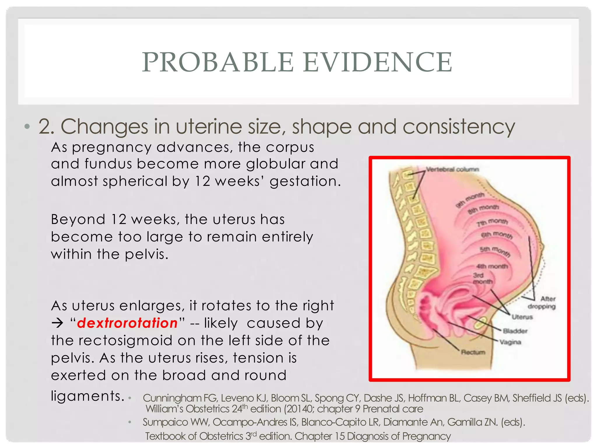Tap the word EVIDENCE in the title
[x=378, y=62]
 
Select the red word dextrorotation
[x=127, y=323]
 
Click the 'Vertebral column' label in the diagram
[x=452, y=169]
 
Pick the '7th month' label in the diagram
[x=492, y=223]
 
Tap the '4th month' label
[x=492, y=266]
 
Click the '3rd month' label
[x=482, y=279]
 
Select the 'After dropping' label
[x=542, y=302]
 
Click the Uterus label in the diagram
[x=522, y=317]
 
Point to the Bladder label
[x=515, y=331]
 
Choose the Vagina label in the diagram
[x=510, y=342]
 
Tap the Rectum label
[x=473, y=352]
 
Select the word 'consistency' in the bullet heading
[x=459, y=127]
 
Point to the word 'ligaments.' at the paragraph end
[x=88, y=396]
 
